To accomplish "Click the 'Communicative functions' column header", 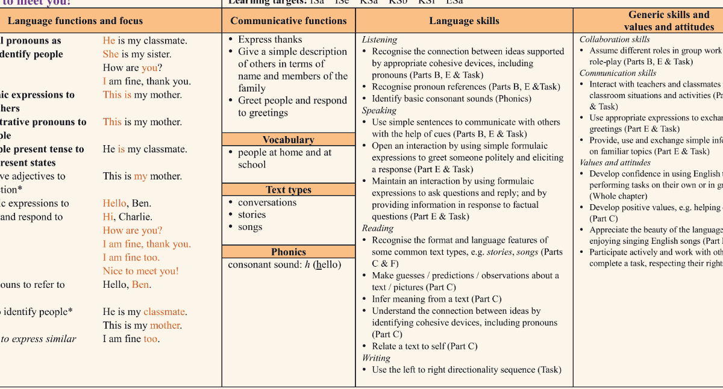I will coord(289,21).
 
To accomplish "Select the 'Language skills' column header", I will coord(464,21).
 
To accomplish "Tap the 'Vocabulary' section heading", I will coord(289,140).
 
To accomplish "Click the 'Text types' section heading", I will coord(289,190).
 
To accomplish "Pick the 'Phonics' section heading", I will coord(289,252).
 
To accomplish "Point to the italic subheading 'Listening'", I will coord(380,40).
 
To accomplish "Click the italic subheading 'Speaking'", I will coord(379,111).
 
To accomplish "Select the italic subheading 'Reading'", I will coord(378,228).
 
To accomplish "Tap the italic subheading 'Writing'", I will coord(377,358).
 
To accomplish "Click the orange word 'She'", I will coord(111,54).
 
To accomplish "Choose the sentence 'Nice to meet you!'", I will coord(140,271).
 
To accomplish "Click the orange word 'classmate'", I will coord(164,312).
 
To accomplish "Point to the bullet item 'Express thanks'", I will coord(270,40).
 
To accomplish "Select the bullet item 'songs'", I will coord(250,227).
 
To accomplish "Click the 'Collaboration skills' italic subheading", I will coord(615,40).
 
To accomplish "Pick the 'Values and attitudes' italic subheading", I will coord(615,163).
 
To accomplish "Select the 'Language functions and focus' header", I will coord(75,21).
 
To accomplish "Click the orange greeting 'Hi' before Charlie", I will coord(108,217).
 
